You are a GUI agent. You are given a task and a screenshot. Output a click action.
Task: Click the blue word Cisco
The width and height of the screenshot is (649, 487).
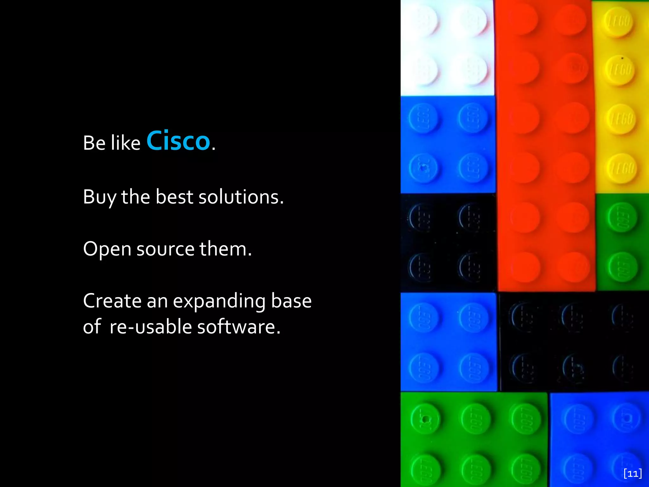tap(178, 141)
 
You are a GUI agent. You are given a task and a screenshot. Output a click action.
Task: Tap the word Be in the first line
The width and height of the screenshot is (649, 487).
tap(94, 143)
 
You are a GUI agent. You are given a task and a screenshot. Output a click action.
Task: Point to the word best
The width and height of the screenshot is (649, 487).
tap(174, 197)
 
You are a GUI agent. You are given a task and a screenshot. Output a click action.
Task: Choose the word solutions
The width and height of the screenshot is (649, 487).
tap(241, 197)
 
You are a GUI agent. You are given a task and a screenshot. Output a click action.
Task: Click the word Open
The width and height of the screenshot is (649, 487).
tap(107, 249)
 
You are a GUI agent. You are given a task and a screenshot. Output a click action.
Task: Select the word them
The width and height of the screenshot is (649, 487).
tap(225, 249)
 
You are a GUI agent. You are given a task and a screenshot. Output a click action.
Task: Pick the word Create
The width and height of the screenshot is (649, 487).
tap(112, 301)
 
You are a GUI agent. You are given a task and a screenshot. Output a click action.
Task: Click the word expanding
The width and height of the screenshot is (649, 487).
tap(219, 301)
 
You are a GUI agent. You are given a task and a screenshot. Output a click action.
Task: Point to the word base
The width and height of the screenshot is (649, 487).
tap(291, 301)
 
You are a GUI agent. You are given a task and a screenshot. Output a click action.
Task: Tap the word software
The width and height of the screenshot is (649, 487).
tap(239, 327)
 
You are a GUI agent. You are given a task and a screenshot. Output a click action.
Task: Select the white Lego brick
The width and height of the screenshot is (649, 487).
tap(447, 48)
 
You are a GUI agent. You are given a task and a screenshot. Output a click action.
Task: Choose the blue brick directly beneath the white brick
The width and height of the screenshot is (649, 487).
tap(447, 145)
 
